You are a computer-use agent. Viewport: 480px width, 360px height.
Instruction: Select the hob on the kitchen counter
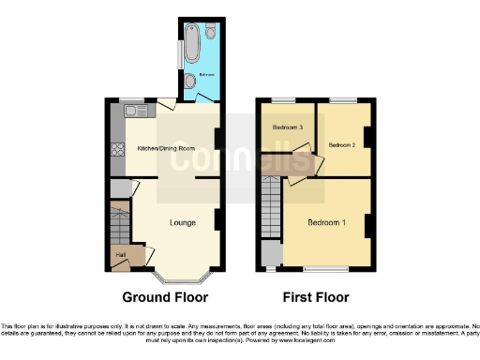pos(117,148)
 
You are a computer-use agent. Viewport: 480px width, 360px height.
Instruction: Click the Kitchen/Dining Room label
pos(167,148)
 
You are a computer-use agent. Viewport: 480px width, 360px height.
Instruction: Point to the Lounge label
pos(182,222)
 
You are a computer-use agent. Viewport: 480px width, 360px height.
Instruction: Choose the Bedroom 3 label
pos(288,127)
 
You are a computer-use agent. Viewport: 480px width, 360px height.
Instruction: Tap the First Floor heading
pos(315,297)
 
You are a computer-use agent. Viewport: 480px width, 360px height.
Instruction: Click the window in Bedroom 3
pos(284,99)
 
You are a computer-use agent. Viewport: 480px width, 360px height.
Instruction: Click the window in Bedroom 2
pos(342,99)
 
